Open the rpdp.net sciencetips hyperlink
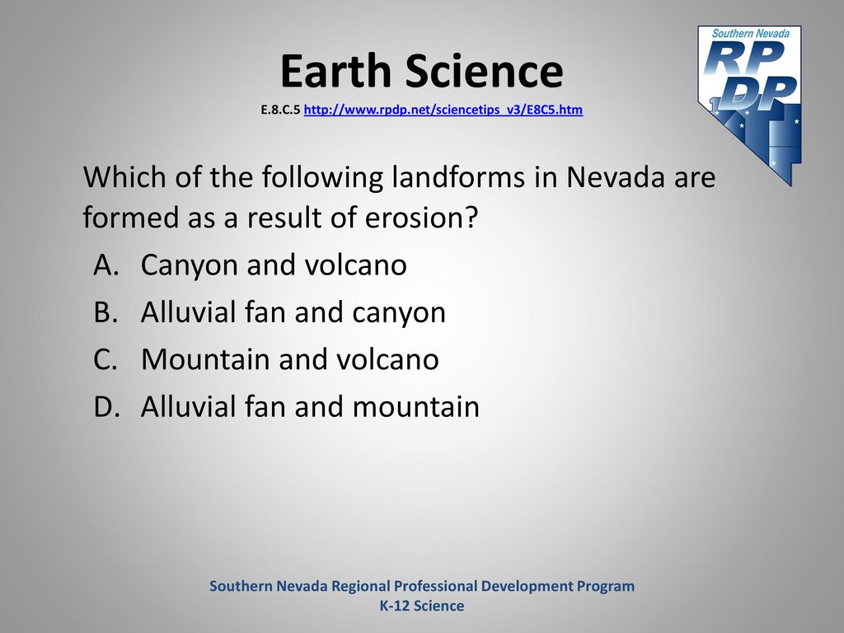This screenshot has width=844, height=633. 443,110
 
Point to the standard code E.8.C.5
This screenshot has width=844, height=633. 280,110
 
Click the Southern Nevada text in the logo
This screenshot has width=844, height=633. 750,33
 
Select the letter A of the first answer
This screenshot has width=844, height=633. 106,265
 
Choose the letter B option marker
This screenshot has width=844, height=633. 105,312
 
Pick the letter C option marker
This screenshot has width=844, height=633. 105,359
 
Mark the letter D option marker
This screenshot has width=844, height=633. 106,407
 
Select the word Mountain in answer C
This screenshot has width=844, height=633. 205,359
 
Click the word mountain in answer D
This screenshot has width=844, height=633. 415,407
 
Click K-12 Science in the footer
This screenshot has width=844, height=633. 422,606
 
